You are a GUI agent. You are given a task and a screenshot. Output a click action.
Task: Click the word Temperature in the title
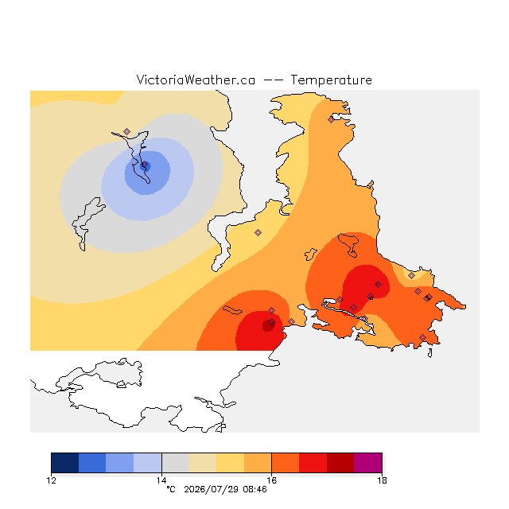click(331, 80)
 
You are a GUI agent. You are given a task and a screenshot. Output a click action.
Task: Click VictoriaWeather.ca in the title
click(196, 80)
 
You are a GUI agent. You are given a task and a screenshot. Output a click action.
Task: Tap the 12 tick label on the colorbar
click(51, 480)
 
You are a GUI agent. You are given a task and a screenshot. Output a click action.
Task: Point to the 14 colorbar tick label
click(161, 480)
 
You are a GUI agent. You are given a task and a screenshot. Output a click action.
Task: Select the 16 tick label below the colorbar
click(271, 480)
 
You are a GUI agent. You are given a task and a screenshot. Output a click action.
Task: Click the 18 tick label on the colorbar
click(382, 480)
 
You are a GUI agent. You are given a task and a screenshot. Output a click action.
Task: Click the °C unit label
click(171, 489)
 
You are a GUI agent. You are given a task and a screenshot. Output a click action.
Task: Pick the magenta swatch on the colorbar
click(367, 463)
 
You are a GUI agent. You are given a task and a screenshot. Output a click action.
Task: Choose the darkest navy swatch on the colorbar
click(65, 463)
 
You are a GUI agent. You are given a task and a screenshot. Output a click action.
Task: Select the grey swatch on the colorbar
click(175, 463)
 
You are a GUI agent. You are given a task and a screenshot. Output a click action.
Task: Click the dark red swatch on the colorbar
click(340, 463)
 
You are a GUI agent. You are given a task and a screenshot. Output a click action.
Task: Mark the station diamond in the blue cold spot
click(145, 165)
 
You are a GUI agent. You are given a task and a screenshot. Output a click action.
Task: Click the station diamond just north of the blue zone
click(127, 131)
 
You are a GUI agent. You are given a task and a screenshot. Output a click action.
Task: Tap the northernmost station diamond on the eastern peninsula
click(331, 119)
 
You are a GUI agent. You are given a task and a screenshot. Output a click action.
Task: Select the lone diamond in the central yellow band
click(258, 232)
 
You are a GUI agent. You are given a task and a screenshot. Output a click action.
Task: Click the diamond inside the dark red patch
click(272, 321)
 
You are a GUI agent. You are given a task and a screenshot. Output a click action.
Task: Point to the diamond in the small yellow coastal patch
click(412, 276)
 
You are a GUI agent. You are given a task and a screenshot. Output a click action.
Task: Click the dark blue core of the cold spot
click(144, 166)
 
